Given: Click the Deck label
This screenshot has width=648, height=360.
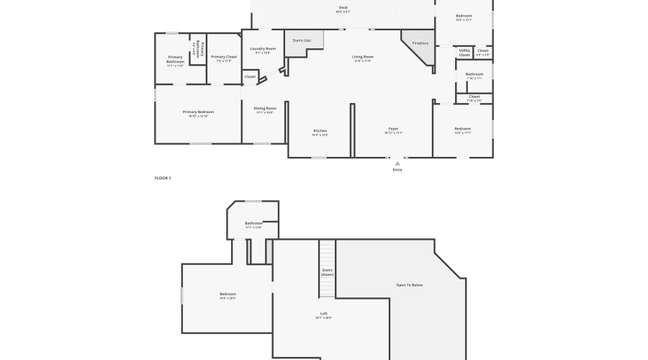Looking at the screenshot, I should pyautogui.click(x=343, y=8).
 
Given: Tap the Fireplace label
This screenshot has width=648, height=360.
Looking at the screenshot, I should pyautogui.click(x=420, y=43).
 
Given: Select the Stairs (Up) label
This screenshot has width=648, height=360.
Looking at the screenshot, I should pyautogui.click(x=302, y=40).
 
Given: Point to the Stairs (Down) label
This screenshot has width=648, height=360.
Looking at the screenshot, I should pyautogui.click(x=328, y=272).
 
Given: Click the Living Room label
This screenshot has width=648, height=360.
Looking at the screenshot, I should pyautogui.click(x=362, y=57).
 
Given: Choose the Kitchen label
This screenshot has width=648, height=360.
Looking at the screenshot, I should pyautogui.click(x=320, y=131).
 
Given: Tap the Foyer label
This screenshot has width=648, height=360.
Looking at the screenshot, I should pyautogui.click(x=393, y=129).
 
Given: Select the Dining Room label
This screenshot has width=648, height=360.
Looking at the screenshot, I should pyautogui.click(x=265, y=109).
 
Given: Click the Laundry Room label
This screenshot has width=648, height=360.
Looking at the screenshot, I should pyautogui.click(x=263, y=49).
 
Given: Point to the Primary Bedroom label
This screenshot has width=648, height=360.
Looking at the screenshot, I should pyautogui.click(x=198, y=112).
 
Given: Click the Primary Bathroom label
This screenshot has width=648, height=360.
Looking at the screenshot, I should pyautogui.click(x=175, y=59).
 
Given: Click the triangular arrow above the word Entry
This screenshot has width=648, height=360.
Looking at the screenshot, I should pyautogui.click(x=397, y=163).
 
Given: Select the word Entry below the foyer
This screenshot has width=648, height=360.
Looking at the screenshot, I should pyautogui.click(x=397, y=170).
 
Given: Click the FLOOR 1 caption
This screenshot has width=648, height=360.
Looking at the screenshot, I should pyautogui.click(x=163, y=178).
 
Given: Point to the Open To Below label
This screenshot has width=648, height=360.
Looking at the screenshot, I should pyautogui.click(x=410, y=285).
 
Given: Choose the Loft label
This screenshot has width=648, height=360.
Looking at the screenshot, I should pyautogui.click(x=324, y=313).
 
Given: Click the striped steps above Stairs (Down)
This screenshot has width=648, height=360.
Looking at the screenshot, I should pyautogui.click(x=328, y=253).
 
